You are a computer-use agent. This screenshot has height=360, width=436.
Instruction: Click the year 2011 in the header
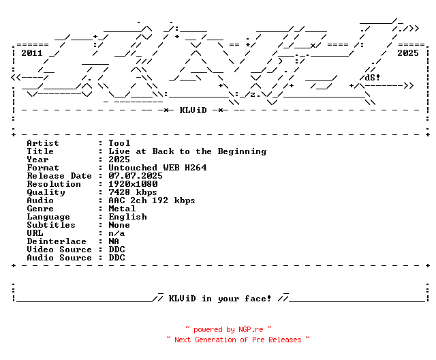[x=32, y=52]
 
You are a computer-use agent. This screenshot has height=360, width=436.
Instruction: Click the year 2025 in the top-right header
[x=408, y=52]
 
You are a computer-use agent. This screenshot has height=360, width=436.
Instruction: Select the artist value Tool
[x=119, y=143]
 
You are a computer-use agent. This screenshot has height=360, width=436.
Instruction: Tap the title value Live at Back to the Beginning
[x=187, y=151]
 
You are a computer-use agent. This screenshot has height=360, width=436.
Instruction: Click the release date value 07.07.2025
[x=136, y=176]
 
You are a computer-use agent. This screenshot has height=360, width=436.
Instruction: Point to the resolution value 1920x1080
[x=133, y=184]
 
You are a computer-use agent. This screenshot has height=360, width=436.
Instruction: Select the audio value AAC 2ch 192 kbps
[x=152, y=200]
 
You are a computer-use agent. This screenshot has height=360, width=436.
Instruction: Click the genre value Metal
[x=122, y=209]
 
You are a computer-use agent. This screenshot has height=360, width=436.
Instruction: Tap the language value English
[x=127, y=217]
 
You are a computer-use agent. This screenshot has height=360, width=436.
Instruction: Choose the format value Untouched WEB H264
[x=157, y=168]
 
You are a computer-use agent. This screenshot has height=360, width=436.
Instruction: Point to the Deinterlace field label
[x=57, y=241]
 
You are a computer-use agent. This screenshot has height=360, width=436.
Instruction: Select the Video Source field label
[x=59, y=250]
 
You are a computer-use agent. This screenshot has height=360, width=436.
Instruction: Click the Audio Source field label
[x=59, y=258]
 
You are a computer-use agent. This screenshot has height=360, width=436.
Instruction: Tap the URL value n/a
[x=116, y=233]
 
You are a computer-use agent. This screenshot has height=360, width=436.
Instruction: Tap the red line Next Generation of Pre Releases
[x=238, y=339]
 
